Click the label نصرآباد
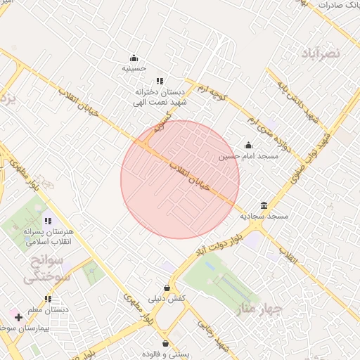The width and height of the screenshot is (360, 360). pos(321,53)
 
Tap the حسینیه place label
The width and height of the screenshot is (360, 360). pos(134,68)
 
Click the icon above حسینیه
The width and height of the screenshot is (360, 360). pos(134,58)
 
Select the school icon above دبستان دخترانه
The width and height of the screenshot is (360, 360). pos(160,82)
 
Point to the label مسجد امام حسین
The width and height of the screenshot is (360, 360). pos(248,156)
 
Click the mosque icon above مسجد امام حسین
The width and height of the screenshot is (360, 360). pos(248,146)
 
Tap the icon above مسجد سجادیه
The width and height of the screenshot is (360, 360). pos(264,205)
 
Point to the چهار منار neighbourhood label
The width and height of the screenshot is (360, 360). pos(259,309)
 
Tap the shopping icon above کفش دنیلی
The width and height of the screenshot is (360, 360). pos(166,288)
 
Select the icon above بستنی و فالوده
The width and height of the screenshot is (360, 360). pos(165,344)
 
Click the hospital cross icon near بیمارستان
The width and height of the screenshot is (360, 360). pos(18,318)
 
